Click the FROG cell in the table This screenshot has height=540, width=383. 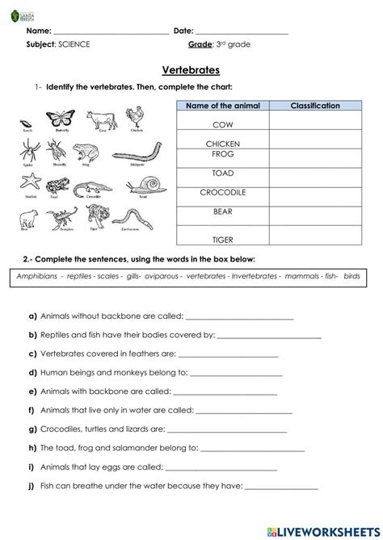coord(222,153)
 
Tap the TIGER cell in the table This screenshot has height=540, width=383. coord(222,239)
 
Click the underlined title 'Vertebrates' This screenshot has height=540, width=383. coord(191,70)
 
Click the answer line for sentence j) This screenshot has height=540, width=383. coord(280,488)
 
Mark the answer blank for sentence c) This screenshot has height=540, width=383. coord(227,354)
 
